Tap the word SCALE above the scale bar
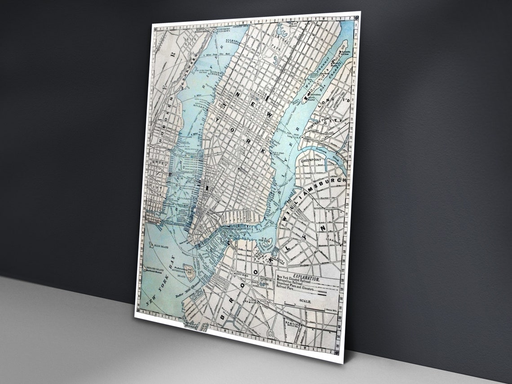tap(304, 304)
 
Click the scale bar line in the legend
tap(305, 309)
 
